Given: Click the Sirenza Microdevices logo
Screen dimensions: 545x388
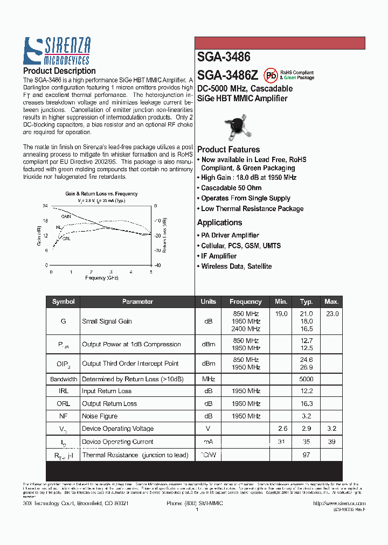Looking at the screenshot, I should [57, 51].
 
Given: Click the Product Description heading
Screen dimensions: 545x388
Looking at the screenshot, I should [59, 71].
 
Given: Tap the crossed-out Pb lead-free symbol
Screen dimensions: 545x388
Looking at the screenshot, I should [271, 75].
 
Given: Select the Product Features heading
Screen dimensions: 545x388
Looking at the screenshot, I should [228, 150].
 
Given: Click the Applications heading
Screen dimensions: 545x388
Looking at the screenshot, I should [219, 222].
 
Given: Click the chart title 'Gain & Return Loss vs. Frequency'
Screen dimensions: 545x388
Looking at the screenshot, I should [101, 194].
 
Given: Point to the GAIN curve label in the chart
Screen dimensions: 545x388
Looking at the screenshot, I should [66, 216].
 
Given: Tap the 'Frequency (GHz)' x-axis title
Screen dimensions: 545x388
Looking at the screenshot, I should [101, 278].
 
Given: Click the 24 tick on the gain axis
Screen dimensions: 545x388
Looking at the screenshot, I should [45, 206].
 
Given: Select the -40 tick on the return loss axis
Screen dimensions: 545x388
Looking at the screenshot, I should [157, 265].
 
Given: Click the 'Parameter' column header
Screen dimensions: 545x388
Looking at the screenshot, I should [137, 302].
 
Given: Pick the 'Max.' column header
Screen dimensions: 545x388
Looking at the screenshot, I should [331, 302].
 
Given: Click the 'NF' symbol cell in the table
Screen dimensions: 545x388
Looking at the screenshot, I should [63, 416].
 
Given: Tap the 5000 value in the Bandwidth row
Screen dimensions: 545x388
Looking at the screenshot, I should [306, 379].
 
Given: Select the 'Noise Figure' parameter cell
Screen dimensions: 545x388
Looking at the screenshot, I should [100, 416].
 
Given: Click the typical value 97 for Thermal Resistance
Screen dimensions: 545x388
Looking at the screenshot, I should [306, 455].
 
